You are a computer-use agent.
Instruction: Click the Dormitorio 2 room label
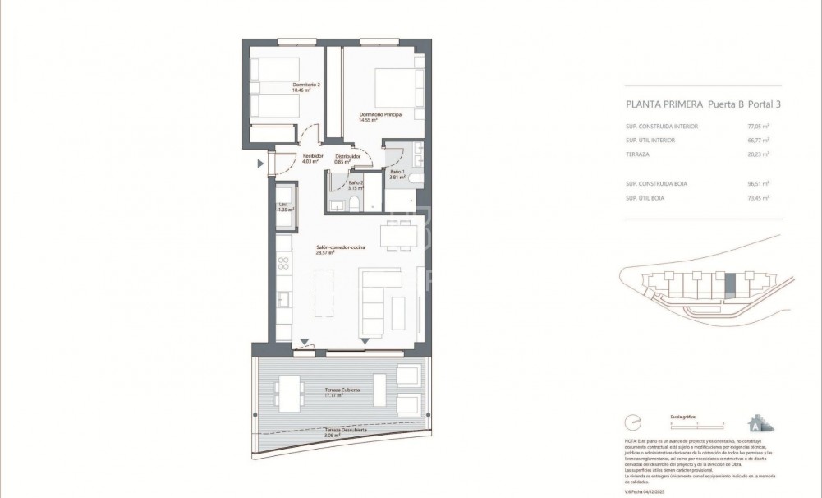coord(305,84)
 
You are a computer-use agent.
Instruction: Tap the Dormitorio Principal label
coord(380,114)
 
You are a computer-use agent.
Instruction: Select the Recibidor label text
coord(311,155)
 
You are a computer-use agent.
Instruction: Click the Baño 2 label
coord(356,182)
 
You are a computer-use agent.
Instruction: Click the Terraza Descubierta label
coord(345,430)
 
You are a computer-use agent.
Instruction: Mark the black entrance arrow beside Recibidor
coord(261,164)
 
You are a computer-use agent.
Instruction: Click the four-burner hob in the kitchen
coord(284,263)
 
